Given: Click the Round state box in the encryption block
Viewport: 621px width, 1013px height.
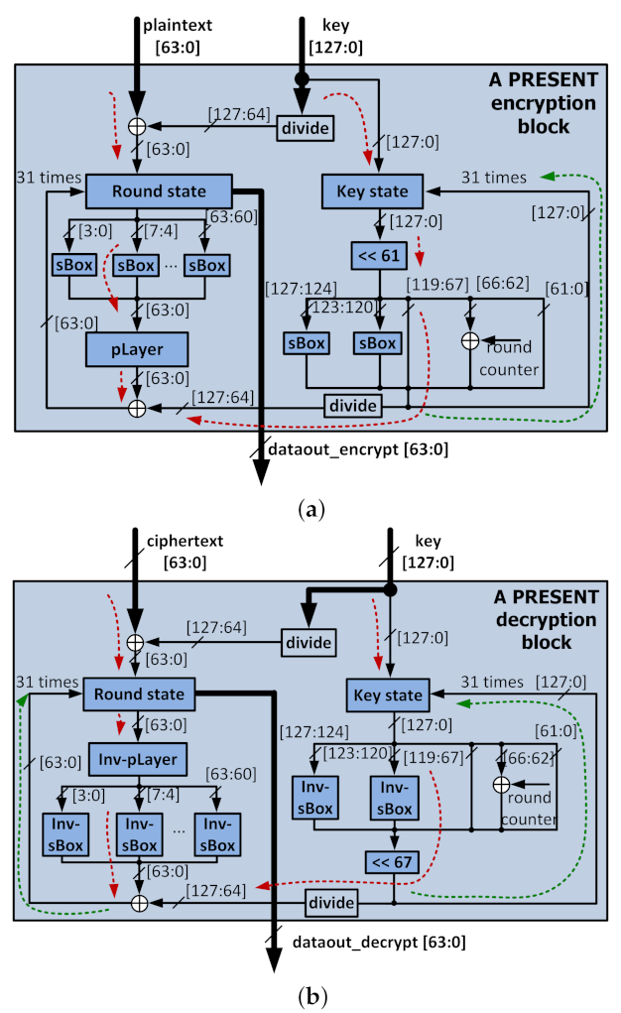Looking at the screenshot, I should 159,191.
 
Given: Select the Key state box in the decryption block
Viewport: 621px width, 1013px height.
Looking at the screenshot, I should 389,696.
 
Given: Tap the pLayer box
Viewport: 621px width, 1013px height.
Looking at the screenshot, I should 137,348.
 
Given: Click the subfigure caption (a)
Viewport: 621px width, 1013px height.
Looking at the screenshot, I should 310,510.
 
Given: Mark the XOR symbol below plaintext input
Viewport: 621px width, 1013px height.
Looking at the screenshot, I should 138,127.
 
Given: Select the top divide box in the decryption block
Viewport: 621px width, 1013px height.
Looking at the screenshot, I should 309,642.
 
